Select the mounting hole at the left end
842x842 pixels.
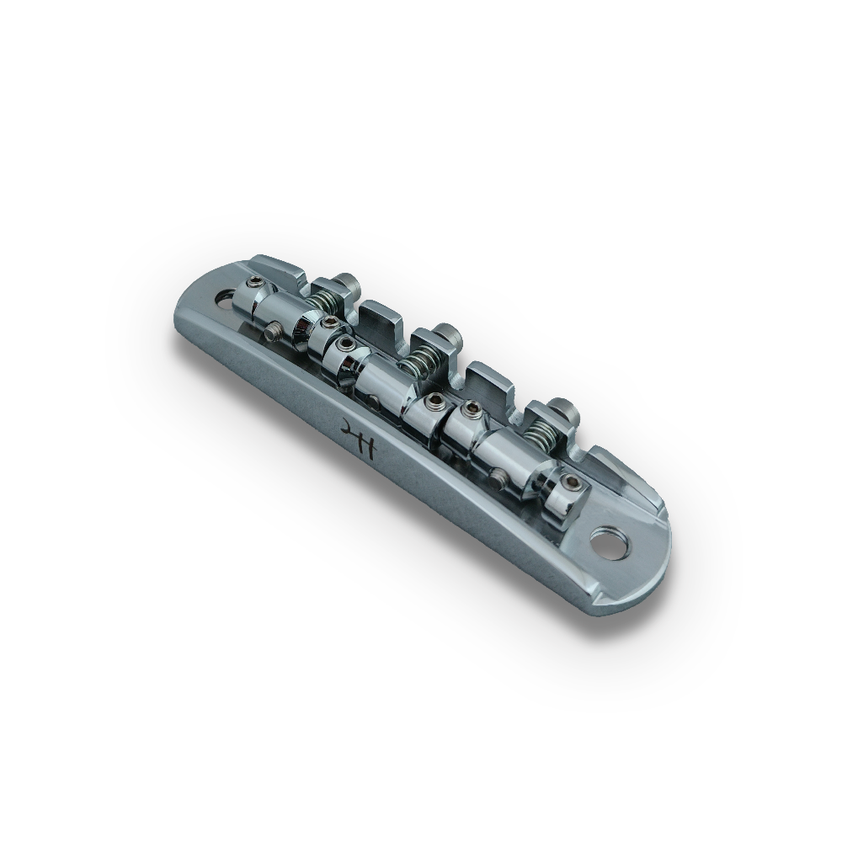tap(226, 296)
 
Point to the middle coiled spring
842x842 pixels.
tap(416, 362)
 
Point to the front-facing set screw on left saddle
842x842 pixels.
tap(272, 333)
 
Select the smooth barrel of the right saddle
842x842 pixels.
tap(501, 450)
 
